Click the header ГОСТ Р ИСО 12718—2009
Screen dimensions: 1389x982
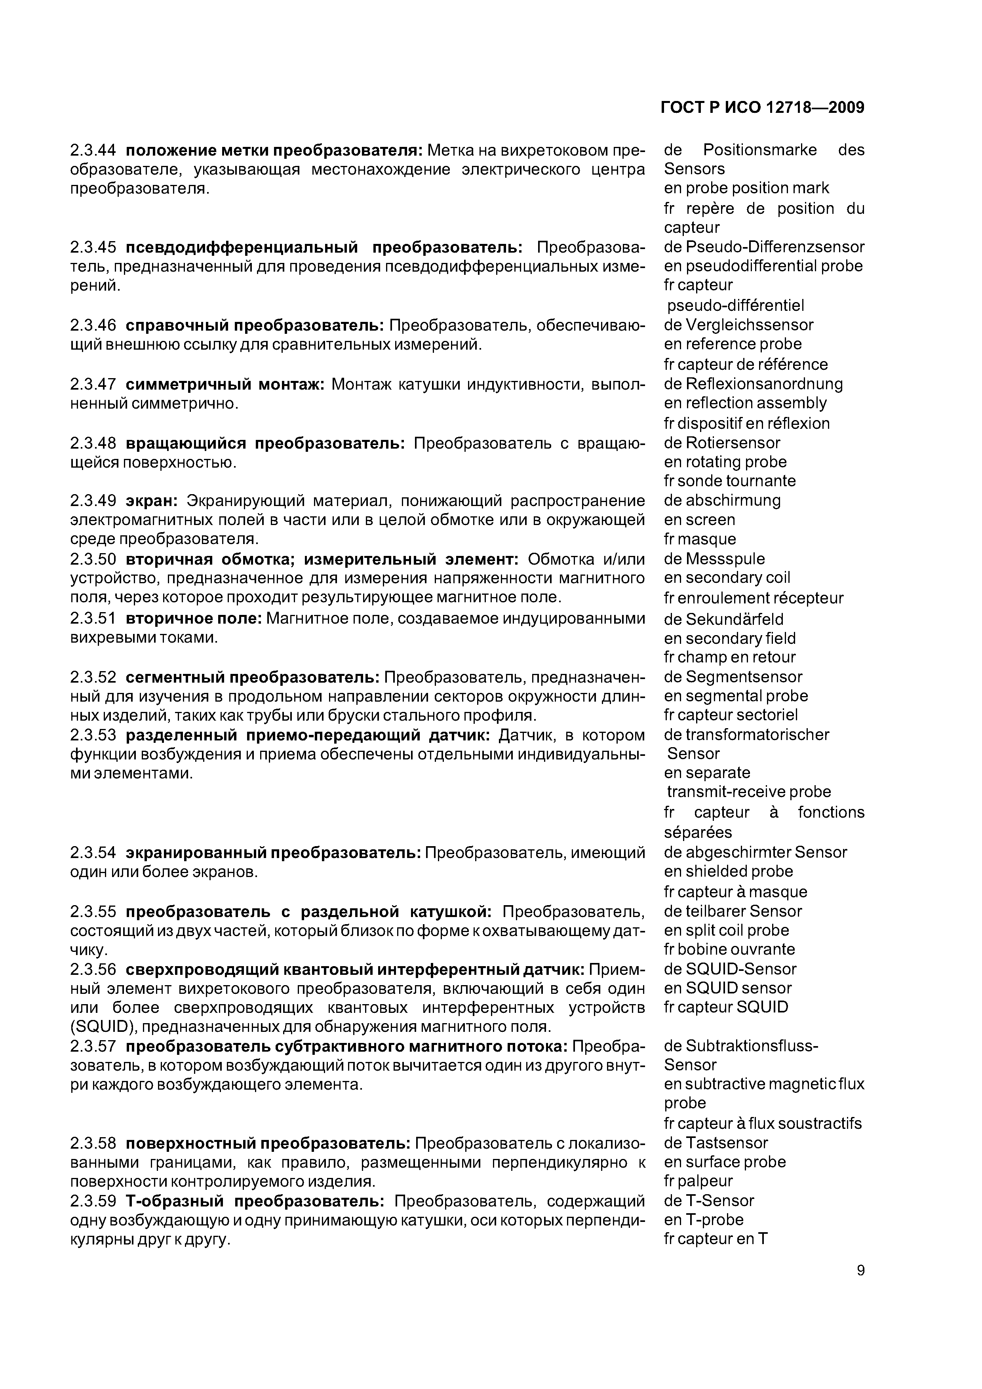[762, 108]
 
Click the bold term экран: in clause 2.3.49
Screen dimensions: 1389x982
[151, 500]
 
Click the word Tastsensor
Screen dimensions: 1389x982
[726, 1143]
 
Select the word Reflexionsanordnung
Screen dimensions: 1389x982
[763, 384]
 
